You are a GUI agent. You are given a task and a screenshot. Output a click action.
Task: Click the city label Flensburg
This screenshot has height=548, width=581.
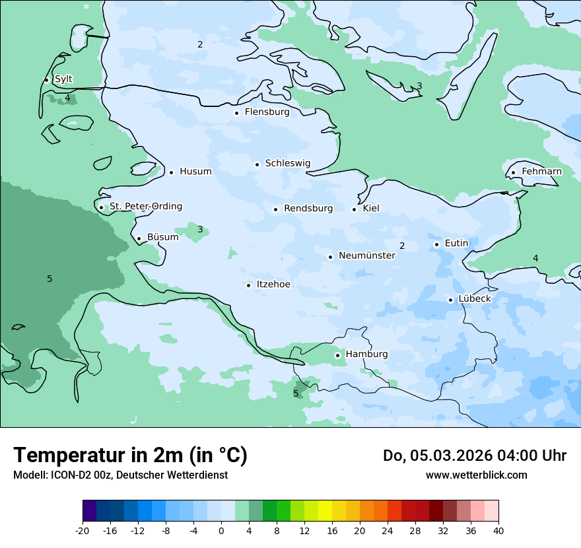point(267,112)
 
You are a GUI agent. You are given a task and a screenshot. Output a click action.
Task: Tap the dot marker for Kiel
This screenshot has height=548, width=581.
point(355,209)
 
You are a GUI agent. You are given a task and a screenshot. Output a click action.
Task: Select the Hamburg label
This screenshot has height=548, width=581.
point(366,355)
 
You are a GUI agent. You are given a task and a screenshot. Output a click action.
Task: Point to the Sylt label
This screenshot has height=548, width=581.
point(63,79)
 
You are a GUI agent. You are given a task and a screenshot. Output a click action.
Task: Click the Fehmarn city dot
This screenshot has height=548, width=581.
point(513,173)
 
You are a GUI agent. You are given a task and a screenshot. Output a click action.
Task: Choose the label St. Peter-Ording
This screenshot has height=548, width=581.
point(145,207)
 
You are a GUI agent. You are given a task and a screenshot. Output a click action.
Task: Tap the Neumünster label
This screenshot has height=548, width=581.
point(366,256)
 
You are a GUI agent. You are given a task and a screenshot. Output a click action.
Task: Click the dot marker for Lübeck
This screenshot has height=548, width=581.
point(451,300)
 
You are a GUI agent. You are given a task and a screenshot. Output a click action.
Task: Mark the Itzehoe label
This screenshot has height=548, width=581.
point(273,285)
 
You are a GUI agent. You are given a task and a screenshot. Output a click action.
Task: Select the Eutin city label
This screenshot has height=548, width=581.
point(456,244)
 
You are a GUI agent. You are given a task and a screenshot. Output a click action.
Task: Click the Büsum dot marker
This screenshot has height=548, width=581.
point(139,238)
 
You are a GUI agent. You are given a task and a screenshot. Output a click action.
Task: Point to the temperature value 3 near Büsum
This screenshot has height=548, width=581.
point(200,230)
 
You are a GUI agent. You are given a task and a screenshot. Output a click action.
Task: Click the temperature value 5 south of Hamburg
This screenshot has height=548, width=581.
point(296,394)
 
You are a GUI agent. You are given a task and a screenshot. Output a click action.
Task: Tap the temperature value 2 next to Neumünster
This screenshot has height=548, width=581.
point(402,246)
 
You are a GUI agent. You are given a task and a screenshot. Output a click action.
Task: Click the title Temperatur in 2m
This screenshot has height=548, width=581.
point(130,455)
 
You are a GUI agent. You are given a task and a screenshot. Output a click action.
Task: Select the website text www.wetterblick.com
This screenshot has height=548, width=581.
point(476,475)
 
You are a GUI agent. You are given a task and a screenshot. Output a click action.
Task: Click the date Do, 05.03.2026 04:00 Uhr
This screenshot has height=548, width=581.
point(474,456)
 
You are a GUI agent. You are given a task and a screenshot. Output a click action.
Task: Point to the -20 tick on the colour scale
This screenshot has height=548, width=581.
point(83,531)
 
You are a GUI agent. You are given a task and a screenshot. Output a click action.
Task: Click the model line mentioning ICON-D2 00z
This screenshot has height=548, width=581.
point(120,475)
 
